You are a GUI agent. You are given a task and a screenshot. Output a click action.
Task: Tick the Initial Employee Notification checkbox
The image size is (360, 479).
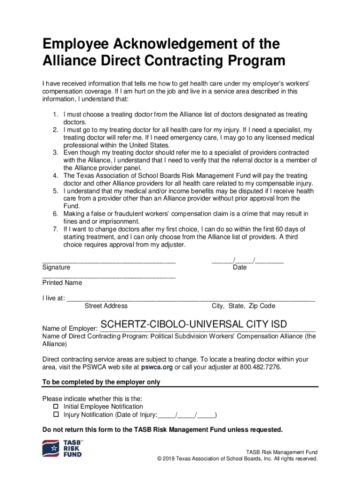click(56, 406)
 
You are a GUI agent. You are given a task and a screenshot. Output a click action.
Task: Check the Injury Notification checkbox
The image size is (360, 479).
click(56, 414)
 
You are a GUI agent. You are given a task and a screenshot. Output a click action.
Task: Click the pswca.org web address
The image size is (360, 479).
click(157, 367)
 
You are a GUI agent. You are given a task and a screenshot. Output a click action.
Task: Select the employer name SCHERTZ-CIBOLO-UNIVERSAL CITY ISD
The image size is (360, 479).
click(194, 325)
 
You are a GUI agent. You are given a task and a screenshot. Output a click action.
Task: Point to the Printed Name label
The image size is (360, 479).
click(62, 283)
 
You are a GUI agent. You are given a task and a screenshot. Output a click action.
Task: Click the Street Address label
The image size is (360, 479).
click(106, 306)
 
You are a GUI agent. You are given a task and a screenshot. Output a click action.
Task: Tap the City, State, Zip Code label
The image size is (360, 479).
click(243, 306)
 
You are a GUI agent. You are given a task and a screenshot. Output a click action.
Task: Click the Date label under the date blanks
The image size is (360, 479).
click(240, 268)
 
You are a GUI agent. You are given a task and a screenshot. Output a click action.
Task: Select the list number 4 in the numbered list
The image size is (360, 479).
click(54, 175)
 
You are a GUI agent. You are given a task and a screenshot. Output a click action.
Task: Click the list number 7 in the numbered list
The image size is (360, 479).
click(54, 229)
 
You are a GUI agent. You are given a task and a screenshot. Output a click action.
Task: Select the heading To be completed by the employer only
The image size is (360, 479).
click(101, 382)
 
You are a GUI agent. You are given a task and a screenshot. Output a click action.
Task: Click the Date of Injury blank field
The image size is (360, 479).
click(187, 414)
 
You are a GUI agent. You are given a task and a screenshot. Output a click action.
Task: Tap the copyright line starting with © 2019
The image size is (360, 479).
click(238, 459)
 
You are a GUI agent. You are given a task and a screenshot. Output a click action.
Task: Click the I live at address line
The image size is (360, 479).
click(191, 298)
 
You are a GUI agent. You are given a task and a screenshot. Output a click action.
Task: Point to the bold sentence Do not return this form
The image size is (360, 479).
click(162, 429)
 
